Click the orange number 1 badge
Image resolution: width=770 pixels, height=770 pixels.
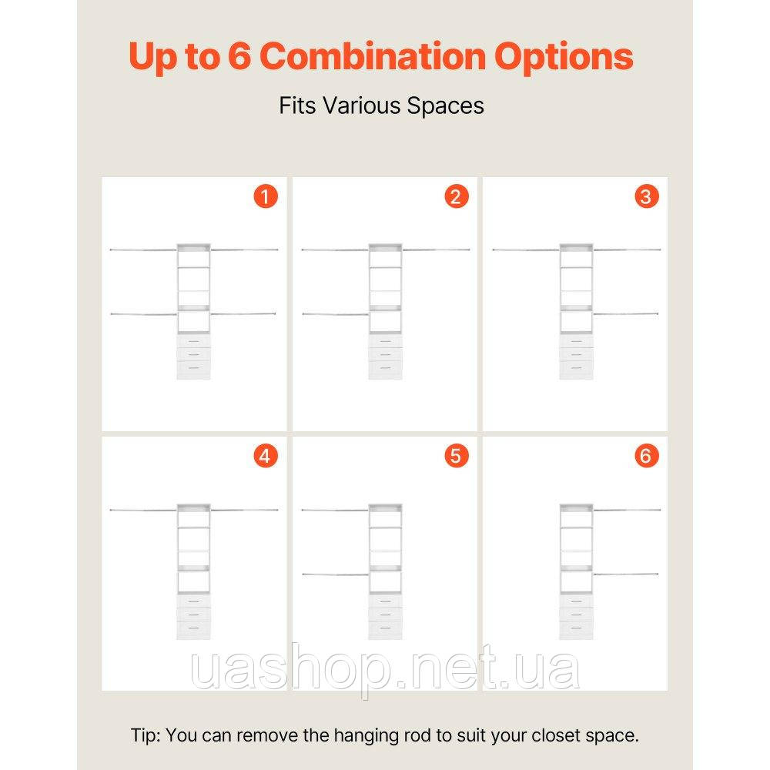click(266, 196)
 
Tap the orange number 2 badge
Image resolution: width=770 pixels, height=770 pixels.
click(457, 196)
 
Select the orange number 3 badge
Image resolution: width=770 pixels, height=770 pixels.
click(647, 196)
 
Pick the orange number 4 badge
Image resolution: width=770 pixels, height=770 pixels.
click(266, 456)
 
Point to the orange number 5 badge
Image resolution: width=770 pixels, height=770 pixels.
click(457, 456)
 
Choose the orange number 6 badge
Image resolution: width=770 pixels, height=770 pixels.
click(647, 456)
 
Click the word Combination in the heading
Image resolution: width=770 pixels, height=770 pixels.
click(372, 56)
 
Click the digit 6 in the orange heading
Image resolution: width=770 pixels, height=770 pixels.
click(239, 56)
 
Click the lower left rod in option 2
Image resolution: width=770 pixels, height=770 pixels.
click(336, 314)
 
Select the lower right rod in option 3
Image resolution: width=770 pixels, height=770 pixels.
click(625, 314)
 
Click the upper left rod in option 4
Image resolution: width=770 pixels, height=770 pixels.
click(143, 511)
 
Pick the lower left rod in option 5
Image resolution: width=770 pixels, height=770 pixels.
click(336, 574)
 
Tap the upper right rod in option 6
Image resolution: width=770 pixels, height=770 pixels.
click(627, 511)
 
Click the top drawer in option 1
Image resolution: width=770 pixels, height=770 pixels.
click(193, 341)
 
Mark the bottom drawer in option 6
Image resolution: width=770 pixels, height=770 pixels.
click(576, 630)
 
